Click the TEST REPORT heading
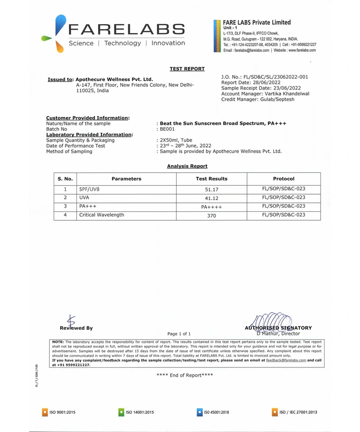[x=187, y=69]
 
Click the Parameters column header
[x=126, y=179]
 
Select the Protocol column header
[x=284, y=179]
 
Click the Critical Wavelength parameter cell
[x=102, y=215]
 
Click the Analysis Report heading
[x=187, y=166]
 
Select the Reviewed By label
[x=76, y=328]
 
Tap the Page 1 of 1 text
[x=179, y=334]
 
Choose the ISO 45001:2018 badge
[x=213, y=412]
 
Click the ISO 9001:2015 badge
[x=59, y=412]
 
